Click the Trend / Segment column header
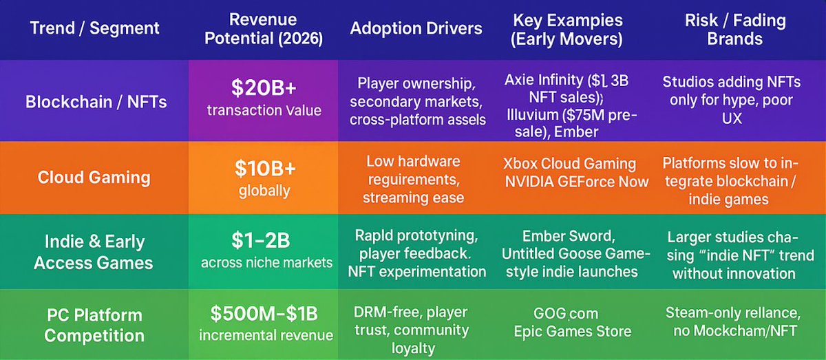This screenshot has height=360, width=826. tap(94, 29)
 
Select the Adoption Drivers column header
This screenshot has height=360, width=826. tap(416, 29)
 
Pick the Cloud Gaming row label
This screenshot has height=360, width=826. tap(94, 177)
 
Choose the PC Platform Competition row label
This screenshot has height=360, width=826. tap(94, 325)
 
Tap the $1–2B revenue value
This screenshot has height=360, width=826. tap(266, 241)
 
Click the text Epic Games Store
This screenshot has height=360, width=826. tap(573, 332)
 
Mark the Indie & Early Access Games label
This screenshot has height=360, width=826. tap(94, 252)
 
